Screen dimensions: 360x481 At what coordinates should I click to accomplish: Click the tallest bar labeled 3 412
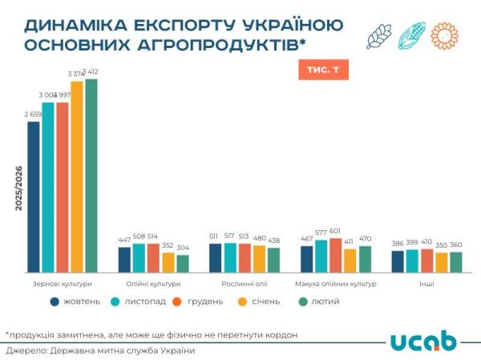(x=91, y=176)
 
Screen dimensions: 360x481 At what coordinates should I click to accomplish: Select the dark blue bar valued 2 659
(x=34, y=196)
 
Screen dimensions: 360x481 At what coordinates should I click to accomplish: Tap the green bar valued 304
(x=183, y=264)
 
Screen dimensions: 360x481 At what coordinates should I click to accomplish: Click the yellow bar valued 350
(x=441, y=263)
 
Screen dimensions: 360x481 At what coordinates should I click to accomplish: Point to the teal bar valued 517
(x=230, y=257)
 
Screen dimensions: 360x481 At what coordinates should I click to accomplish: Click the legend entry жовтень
(x=75, y=301)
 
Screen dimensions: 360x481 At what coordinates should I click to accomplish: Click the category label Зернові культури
(x=63, y=283)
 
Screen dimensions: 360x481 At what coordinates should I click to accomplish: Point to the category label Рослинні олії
(x=244, y=283)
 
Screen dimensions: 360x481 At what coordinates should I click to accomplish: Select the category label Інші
(x=426, y=283)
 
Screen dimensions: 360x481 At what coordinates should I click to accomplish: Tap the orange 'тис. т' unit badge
(x=323, y=71)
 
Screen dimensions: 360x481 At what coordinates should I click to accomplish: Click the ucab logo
(x=423, y=341)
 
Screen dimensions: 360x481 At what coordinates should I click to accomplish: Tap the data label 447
(x=124, y=240)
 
